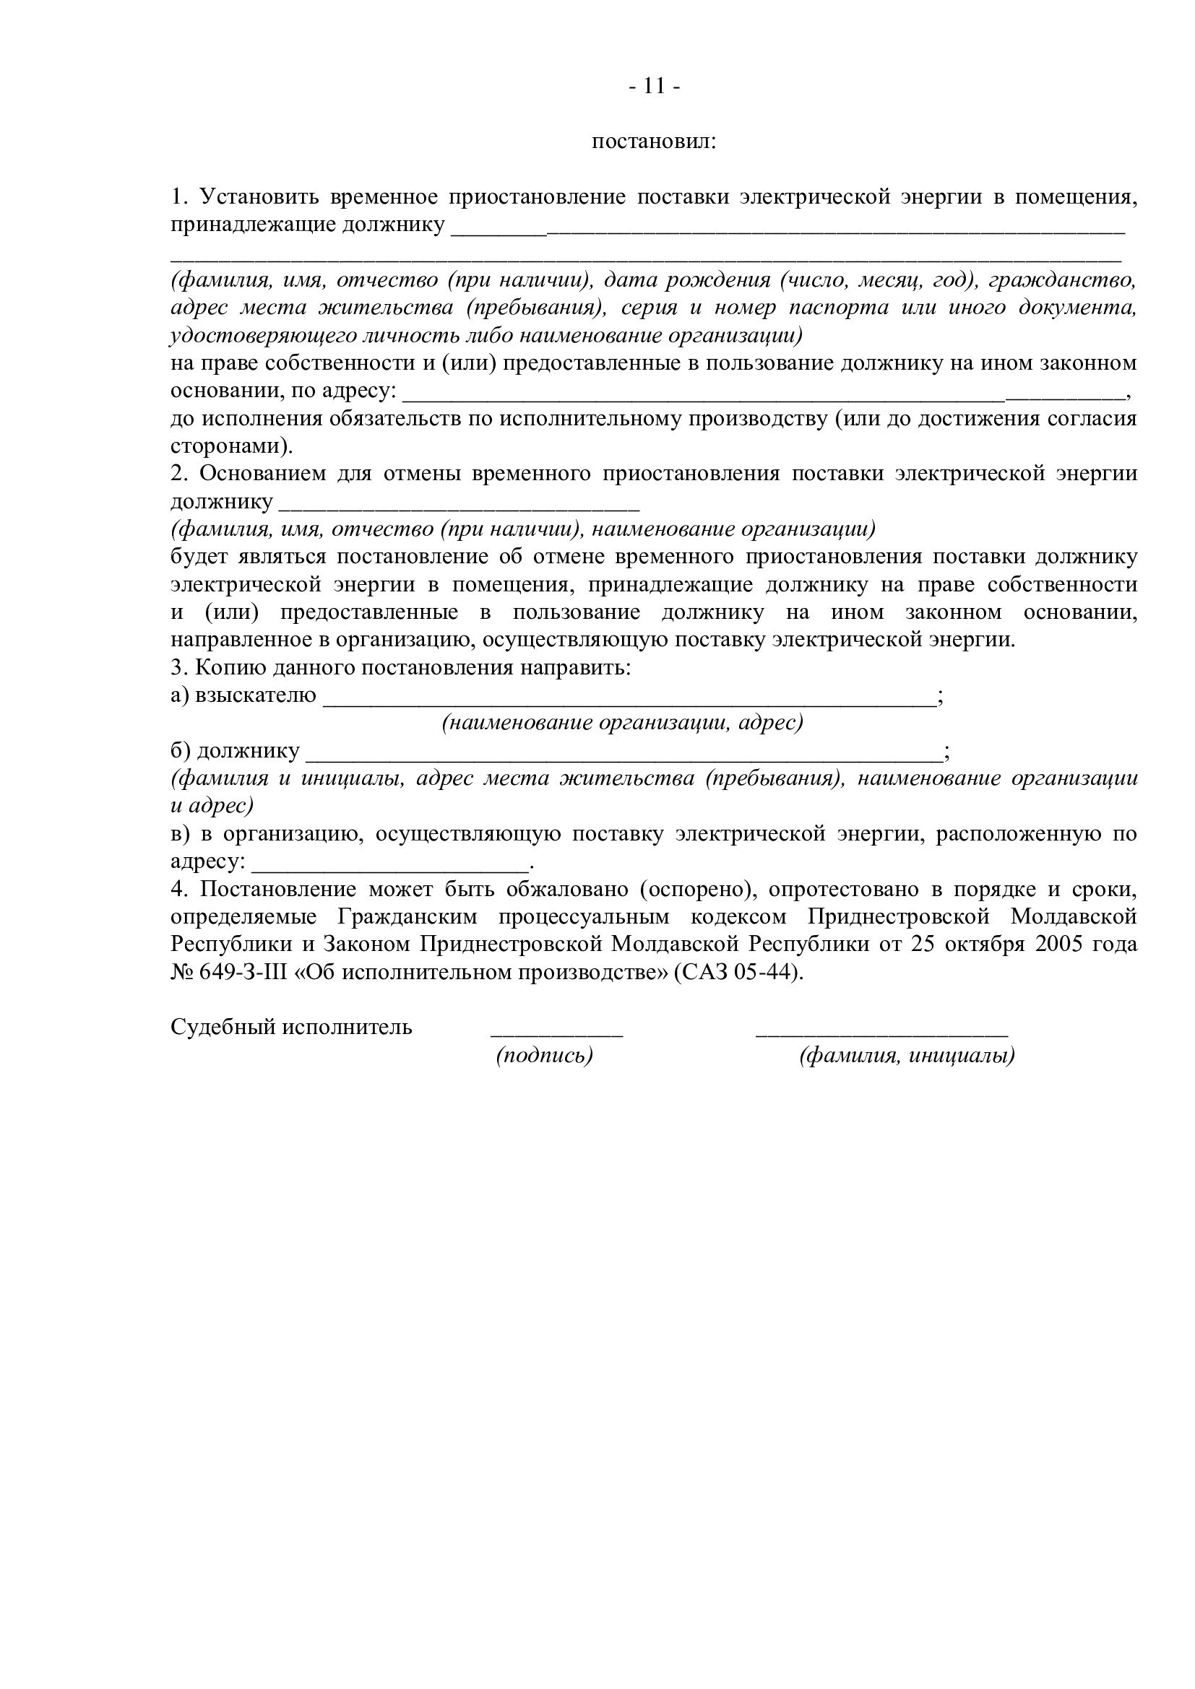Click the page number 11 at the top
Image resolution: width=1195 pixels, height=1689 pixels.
click(x=654, y=87)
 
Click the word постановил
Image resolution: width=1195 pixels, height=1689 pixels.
click(x=654, y=142)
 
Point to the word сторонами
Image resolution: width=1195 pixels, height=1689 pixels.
click(x=227, y=446)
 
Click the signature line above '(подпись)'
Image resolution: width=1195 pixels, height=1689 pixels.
click(x=556, y=1033)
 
